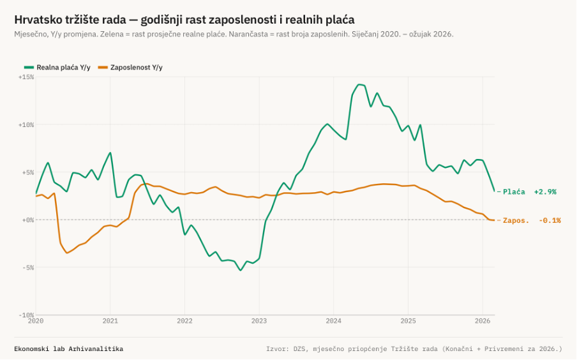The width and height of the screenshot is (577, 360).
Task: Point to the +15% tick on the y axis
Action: click(26, 77)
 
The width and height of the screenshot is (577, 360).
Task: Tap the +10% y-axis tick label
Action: click(26, 124)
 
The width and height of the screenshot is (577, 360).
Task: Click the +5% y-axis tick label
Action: click(27, 172)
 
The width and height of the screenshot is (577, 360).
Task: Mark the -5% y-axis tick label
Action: click(27, 267)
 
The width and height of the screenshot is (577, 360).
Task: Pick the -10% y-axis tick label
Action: click(26, 315)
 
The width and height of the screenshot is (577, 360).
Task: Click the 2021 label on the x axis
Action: click(110, 321)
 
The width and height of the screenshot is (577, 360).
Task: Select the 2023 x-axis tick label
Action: click(259, 321)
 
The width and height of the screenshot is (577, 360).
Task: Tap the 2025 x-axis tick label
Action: click(408, 321)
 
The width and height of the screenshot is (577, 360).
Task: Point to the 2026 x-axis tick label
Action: click(483, 321)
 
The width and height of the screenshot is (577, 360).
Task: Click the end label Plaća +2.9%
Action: click(529, 191)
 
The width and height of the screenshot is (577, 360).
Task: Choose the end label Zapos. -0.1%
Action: click(532, 220)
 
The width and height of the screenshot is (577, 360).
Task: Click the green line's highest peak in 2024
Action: click(359, 84)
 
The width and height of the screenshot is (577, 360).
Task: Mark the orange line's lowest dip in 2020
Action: click(66, 253)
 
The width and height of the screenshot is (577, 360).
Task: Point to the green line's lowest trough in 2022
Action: click(241, 270)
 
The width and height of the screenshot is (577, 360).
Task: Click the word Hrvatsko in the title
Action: click(37, 20)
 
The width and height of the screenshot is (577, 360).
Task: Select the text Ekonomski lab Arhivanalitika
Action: click(68, 349)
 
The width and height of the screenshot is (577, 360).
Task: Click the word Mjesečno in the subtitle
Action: click(31, 34)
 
